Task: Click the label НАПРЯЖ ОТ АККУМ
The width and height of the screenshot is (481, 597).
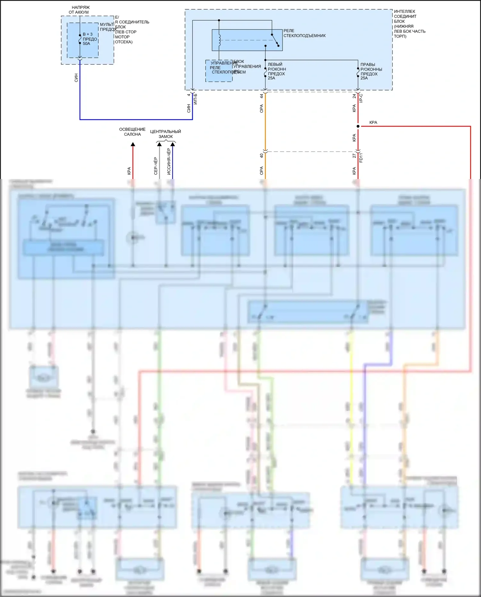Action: tap(79, 10)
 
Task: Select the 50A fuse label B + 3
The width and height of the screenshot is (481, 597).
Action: tap(88, 34)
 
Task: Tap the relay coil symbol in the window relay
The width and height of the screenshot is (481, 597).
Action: tap(220, 40)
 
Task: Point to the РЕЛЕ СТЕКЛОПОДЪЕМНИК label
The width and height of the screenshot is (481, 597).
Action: tap(304, 33)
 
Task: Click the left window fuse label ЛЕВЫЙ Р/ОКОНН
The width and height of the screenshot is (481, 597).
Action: tap(277, 67)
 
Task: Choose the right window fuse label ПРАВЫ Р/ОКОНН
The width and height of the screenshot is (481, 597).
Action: tap(371, 67)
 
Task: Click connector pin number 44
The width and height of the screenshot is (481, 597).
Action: tap(262, 96)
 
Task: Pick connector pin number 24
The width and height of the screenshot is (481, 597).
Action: tap(354, 96)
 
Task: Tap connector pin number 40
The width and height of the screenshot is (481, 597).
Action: tap(262, 156)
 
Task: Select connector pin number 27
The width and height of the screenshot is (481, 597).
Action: tap(354, 156)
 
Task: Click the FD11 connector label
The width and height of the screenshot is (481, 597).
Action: tap(361, 158)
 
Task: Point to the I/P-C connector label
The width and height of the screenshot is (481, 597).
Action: tap(361, 98)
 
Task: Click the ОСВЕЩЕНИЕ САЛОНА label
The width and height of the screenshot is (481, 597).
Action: tap(132, 132)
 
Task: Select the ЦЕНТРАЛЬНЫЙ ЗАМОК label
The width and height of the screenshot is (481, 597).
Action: tap(165, 134)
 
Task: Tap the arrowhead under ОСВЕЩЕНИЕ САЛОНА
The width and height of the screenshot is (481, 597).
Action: tap(133, 144)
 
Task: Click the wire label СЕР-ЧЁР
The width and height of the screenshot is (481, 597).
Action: tap(156, 166)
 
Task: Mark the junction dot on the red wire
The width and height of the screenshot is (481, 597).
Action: tap(358, 126)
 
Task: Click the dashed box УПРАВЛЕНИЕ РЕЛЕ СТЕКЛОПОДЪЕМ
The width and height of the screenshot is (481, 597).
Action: tap(219, 71)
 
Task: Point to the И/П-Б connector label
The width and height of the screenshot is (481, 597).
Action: tap(196, 99)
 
